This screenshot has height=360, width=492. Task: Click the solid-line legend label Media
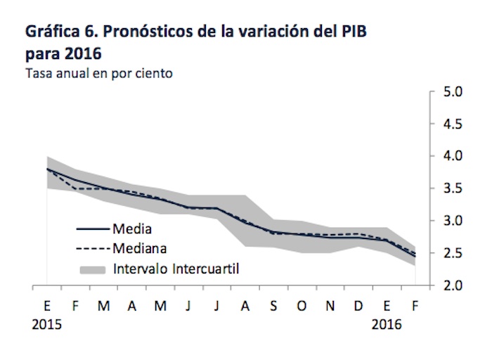pos(131,229)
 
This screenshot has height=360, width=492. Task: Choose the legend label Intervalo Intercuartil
pos(175,268)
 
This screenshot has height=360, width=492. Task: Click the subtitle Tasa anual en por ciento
pos(99,72)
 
